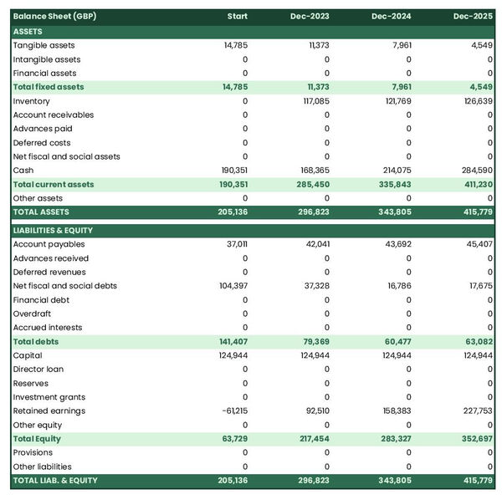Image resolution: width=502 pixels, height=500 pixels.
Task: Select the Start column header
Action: pyautogui.click(x=238, y=17)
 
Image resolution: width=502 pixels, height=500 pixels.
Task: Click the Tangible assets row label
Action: pyautogui.click(x=44, y=45)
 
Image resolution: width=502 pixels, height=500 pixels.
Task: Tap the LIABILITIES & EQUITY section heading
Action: pyautogui.click(x=53, y=230)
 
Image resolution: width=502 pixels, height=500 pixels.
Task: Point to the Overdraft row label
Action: pyautogui.click(x=33, y=314)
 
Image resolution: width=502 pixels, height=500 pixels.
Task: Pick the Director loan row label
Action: pyautogui.click(x=38, y=370)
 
